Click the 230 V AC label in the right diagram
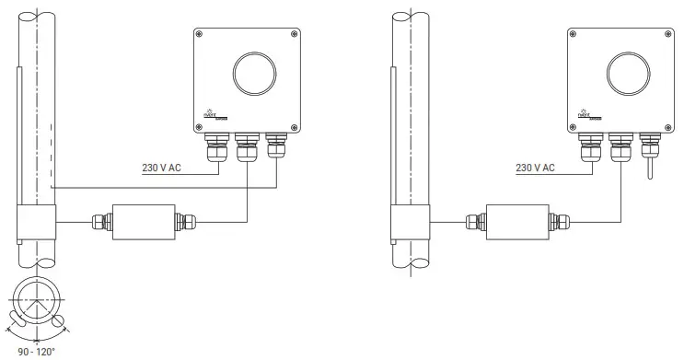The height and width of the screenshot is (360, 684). pos(535,168)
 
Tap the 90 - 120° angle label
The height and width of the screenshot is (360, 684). pos(37,351)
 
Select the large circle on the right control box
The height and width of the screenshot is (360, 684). pos(628,75)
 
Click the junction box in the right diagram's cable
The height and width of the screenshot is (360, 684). pos(516,221)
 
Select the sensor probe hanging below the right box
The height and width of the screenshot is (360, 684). pos(649,171)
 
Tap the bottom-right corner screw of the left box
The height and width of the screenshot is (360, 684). pos(295,127)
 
